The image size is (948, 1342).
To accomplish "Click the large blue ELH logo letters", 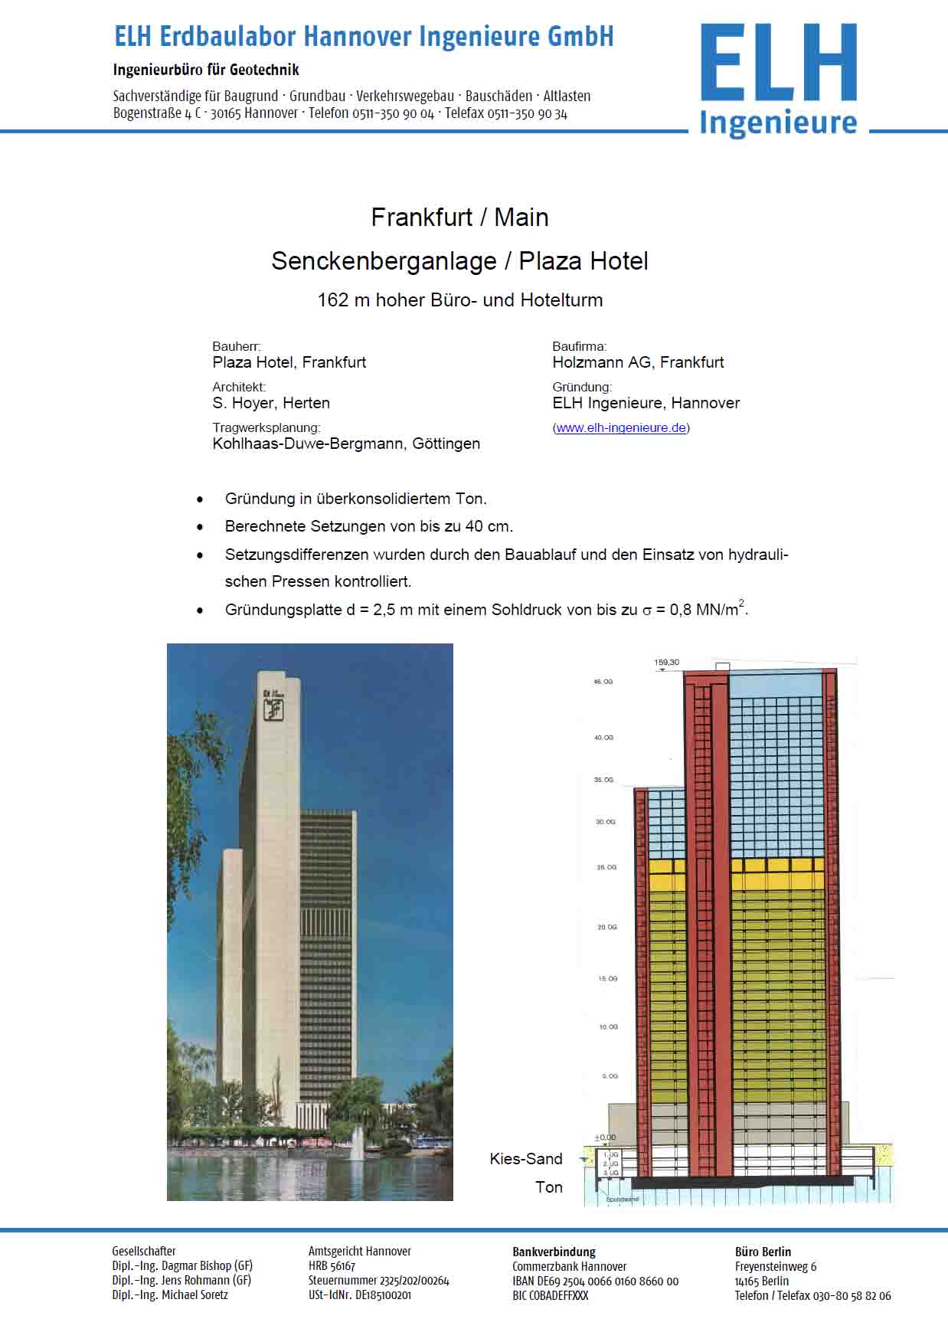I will click(x=778, y=63).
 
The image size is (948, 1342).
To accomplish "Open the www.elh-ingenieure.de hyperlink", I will click(x=621, y=428).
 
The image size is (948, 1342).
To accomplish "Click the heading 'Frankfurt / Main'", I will click(x=459, y=218).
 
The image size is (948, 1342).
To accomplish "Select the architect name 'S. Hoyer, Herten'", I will click(x=271, y=403).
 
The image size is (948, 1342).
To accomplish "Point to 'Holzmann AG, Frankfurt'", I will click(x=638, y=362).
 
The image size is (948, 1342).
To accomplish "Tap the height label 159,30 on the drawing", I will click(x=666, y=663).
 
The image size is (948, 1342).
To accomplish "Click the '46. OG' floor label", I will click(x=603, y=682).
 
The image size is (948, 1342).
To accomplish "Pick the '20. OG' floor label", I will click(x=606, y=928).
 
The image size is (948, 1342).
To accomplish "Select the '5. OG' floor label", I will click(x=610, y=1076).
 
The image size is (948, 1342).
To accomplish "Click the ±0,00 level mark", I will click(x=605, y=1137).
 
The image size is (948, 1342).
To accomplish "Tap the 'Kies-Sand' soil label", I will click(x=526, y=1159).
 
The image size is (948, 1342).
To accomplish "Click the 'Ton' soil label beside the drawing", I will click(x=548, y=1187).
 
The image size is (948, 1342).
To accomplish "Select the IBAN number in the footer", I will click(x=595, y=1281).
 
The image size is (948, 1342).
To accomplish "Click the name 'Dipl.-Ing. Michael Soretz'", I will click(x=170, y=1295).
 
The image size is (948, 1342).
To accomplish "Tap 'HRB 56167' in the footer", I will click(x=332, y=1266).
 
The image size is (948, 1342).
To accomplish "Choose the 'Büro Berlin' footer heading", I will click(x=763, y=1252).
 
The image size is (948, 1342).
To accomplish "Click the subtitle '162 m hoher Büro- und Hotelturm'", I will click(x=459, y=300).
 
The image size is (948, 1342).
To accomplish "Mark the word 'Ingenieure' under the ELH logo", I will click(x=778, y=123).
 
